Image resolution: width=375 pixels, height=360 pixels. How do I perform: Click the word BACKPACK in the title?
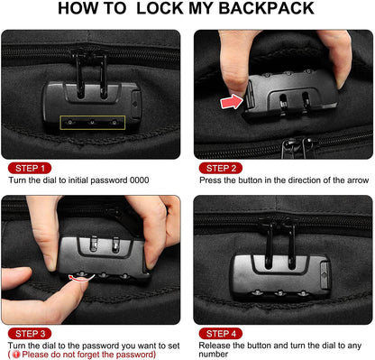(261, 10)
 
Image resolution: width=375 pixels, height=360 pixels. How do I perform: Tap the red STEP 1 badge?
(32, 168)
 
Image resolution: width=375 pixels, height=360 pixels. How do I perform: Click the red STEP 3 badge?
(32, 332)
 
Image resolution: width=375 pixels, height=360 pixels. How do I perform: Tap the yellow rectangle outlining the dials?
(91, 122)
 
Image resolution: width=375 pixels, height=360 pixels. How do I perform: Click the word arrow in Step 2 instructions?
(343, 180)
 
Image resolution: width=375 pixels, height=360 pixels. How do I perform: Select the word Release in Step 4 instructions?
(216, 345)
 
